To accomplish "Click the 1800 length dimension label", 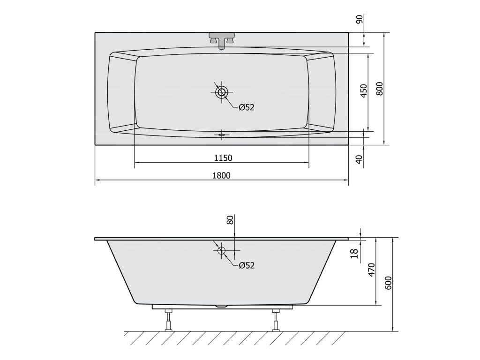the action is (x=221, y=175).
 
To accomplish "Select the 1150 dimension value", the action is (x=223, y=158).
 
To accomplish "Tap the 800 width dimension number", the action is (x=379, y=89).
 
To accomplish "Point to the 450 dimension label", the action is (x=364, y=90).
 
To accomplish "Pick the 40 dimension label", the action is (x=360, y=158).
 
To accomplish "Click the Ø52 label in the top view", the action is (x=247, y=107).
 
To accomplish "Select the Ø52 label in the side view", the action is (x=247, y=265).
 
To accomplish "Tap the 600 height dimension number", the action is (x=388, y=283).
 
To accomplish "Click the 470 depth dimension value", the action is (x=371, y=270).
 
